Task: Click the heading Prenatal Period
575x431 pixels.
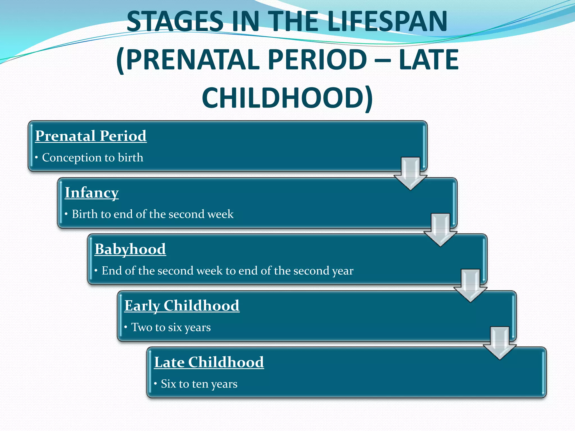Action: (x=91, y=136)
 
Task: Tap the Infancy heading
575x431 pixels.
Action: (x=92, y=193)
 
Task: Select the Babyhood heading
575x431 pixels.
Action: (x=130, y=249)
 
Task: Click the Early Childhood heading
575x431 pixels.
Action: (x=182, y=306)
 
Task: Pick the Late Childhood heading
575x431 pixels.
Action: (x=209, y=362)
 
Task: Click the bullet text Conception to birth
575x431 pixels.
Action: (x=92, y=157)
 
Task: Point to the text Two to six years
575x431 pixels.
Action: (x=171, y=327)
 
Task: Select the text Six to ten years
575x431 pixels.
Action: (x=199, y=384)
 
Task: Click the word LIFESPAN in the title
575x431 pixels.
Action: (x=387, y=21)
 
